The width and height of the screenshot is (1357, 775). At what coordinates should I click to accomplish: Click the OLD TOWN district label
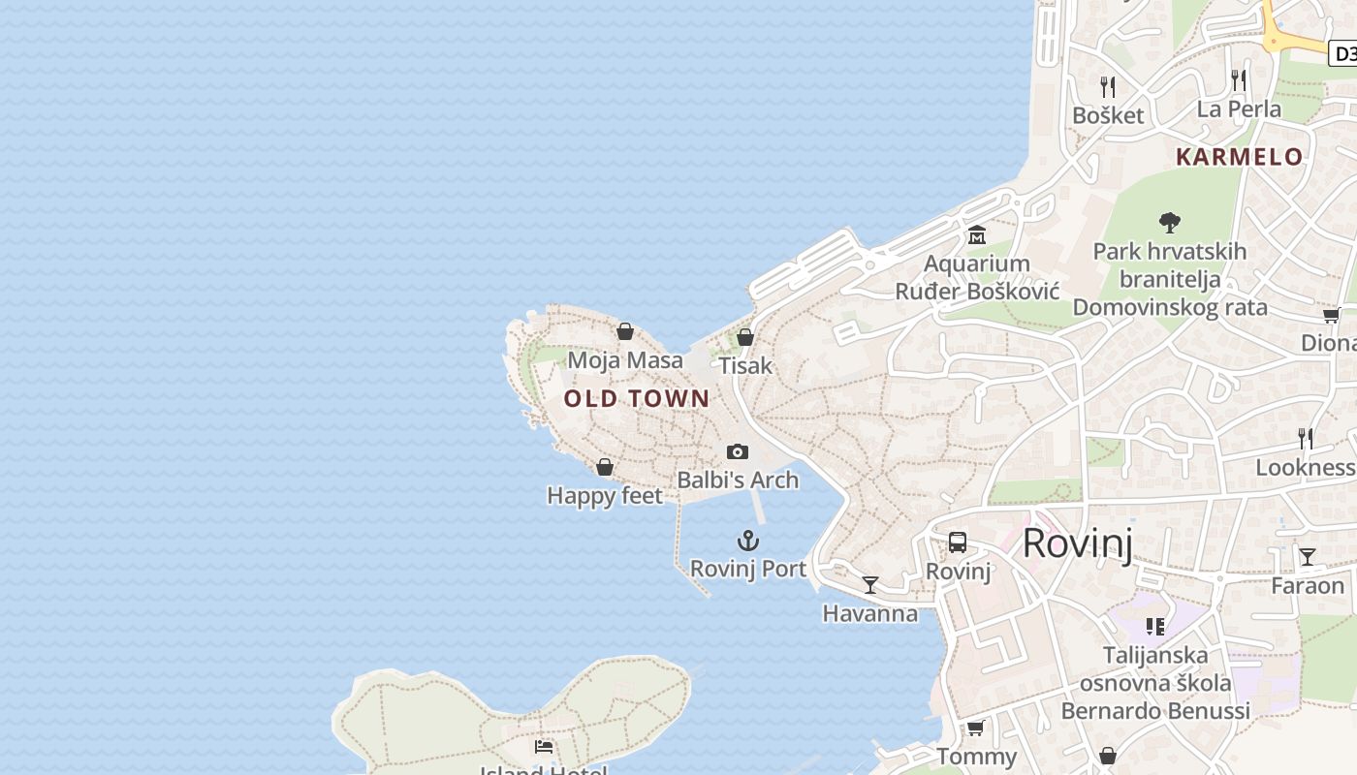637,398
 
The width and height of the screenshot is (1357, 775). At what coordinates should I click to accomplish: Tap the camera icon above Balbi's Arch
738,451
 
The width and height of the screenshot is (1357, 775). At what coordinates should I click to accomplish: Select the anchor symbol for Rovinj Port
748,541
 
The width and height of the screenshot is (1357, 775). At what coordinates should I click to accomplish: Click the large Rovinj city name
1077,543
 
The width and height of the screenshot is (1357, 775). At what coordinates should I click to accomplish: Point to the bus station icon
958,542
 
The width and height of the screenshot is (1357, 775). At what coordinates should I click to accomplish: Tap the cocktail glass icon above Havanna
870,585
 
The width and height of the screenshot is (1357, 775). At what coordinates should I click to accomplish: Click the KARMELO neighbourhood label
1240,157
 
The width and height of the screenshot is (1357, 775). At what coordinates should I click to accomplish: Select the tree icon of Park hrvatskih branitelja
1170,222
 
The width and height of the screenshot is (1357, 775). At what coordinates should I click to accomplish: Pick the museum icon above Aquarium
976,235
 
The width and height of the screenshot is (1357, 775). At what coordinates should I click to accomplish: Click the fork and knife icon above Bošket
1108,87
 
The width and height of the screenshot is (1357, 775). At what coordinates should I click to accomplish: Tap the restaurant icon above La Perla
1239,79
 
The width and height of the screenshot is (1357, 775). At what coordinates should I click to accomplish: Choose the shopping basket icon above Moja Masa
625,332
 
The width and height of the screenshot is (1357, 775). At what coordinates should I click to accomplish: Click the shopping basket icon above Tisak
745,337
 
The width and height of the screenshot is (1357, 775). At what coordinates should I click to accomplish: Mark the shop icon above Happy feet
605,468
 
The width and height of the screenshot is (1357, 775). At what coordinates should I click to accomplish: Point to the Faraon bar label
1308,585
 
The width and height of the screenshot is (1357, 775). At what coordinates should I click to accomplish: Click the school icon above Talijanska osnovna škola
1154,627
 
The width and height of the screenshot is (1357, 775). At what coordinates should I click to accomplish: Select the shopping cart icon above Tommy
976,728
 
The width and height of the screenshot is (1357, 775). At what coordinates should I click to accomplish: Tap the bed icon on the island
544,747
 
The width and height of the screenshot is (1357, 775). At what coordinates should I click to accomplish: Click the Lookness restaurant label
1305,467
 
